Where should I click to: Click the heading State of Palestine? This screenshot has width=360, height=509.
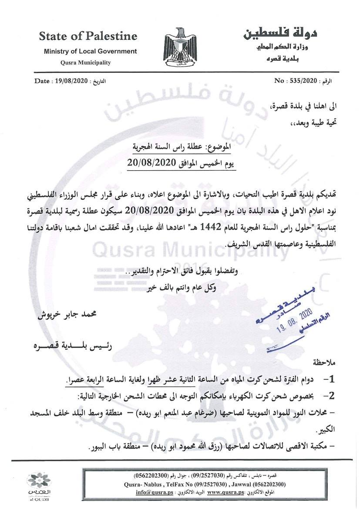88,36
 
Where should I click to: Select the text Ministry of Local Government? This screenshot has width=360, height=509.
90,51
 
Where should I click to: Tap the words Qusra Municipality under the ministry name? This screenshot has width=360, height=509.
85,62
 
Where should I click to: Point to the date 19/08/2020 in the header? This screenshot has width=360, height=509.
71,81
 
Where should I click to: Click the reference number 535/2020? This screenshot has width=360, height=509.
302,81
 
